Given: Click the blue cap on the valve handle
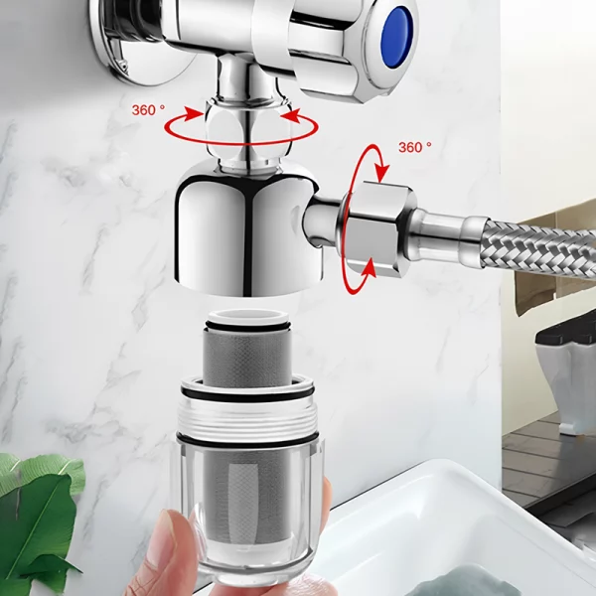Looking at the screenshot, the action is click(x=396, y=39).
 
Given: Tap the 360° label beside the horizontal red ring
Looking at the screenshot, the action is click(x=149, y=110).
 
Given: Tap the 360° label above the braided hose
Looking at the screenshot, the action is click(x=415, y=147).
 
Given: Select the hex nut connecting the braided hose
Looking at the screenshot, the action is click(x=376, y=229).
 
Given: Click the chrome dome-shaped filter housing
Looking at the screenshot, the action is click(x=249, y=231).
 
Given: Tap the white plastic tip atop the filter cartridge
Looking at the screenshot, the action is click(x=248, y=317).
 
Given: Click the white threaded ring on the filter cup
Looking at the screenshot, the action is click(x=247, y=418).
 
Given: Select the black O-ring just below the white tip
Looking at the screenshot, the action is click(x=248, y=326).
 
